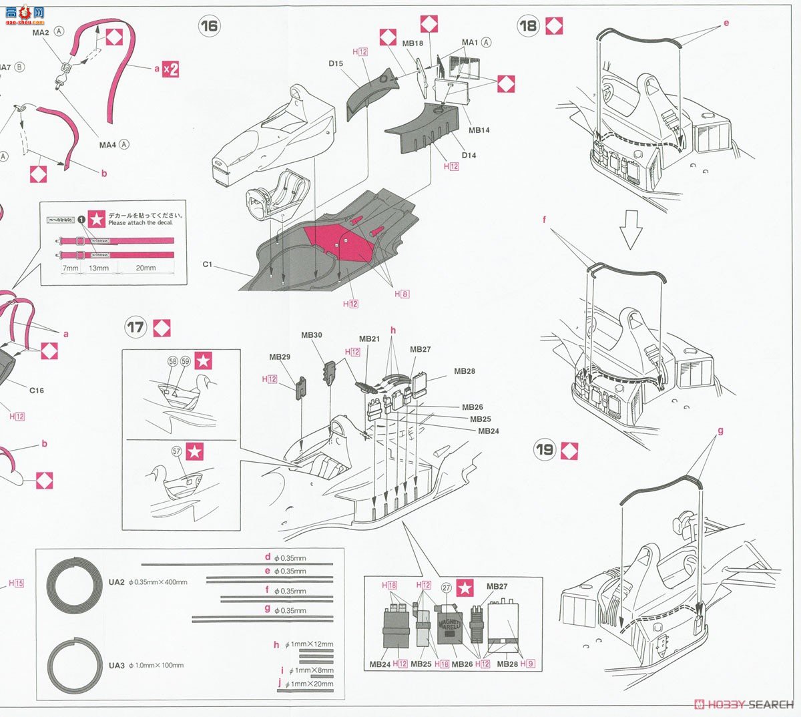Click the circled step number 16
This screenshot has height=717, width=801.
tap(209, 26)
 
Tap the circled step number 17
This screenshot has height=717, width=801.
tap(136, 327)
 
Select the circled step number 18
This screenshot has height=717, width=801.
tap(528, 26)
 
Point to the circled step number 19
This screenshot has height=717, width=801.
tap(545, 449)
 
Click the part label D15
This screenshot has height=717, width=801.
tap(336, 64)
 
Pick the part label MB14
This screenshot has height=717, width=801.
tap(479, 130)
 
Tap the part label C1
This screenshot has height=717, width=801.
tap(207, 264)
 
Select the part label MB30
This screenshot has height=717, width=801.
tap(311, 335)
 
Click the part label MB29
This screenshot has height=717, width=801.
tap(280, 357)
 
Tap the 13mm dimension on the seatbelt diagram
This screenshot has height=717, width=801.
tap(98, 268)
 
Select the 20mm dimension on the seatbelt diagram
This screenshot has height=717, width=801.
tap(146, 268)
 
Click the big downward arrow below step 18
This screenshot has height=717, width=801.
tap(630, 230)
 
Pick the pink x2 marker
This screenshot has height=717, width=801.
tap(171, 69)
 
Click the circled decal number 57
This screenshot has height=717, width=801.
tap(176, 451)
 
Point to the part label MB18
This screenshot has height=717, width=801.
tap(413, 43)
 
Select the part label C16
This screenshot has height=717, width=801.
tap(36, 391)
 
